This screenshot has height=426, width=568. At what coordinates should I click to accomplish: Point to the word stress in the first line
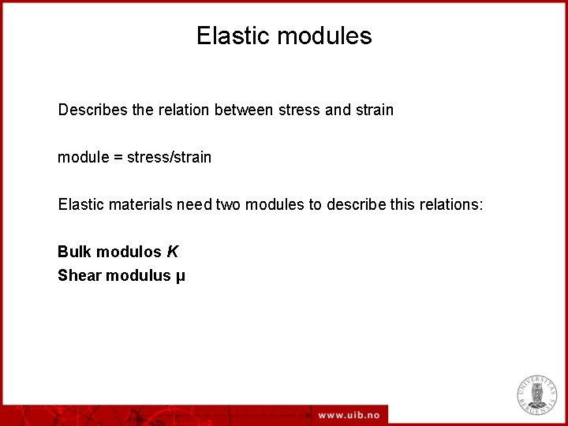(x=299, y=110)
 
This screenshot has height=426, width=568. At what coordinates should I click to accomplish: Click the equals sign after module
(x=118, y=157)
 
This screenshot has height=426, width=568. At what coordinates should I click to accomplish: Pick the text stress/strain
(x=170, y=157)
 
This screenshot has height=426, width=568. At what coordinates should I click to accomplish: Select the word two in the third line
(x=228, y=204)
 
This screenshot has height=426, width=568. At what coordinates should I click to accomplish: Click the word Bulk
(x=73, y=252)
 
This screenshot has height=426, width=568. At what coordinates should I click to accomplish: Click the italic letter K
(x=173, y=252)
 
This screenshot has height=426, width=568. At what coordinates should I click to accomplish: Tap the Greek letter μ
(x=181, y=276)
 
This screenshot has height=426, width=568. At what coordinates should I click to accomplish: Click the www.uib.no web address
(x=349, y=415)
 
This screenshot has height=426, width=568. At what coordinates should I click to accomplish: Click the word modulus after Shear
(x=139, y=275)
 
